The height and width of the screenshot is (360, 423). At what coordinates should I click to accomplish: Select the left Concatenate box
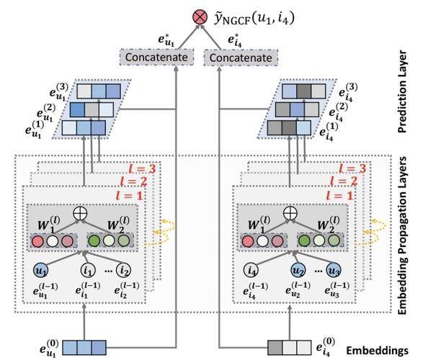pyautogui.click(x=156, y=57)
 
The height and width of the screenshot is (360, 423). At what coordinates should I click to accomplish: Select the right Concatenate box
pyautogui.click(x=241, y=58)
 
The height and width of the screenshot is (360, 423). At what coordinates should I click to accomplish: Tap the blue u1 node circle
pyautogui.click(x=40, y=270)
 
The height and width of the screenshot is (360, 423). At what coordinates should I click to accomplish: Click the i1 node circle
pyautogui.click(x=88, y=270)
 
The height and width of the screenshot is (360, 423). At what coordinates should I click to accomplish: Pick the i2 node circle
pyautogui.click(x=123, y=270)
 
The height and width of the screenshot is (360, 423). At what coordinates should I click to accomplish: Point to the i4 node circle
pyautogui.click(x=251, y=270)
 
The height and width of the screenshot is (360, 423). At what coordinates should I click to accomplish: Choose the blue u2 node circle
pyautogui.click(x=298, y=270)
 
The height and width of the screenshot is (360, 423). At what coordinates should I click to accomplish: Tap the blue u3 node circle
pyautogui.click(x=334, y=270)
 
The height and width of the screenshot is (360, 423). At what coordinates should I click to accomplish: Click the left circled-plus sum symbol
pyautogui.click(x=80, y=213)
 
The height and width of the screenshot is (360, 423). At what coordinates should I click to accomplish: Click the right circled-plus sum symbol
pyautogui.click(x=290, y=213)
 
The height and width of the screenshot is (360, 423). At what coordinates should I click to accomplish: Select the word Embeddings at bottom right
pyautogui.click(x=377, y=351)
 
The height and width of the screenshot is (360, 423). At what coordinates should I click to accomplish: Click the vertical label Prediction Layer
pyautogui.click(x=402, y=91)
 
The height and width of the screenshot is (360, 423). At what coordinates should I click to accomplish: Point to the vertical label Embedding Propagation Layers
pyautogui.click(x=402, y=235)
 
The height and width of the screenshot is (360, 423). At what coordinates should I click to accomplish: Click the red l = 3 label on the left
pyautogui.click(x=142, y=168)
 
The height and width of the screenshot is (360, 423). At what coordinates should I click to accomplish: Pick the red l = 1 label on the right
pyautogui.click(x=339, y=195)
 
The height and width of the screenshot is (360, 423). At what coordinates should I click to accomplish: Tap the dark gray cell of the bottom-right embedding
pyautogui.click(x=275, y=348)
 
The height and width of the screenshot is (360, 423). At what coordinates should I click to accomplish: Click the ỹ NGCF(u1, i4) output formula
pyautogui.click(x=254, y=18)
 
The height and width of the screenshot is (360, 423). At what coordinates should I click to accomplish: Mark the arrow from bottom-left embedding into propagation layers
pyautogui.click(x=84, y=321)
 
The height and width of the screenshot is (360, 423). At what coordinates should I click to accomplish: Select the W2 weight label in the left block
pyautogui.click(x=118, y=224)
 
